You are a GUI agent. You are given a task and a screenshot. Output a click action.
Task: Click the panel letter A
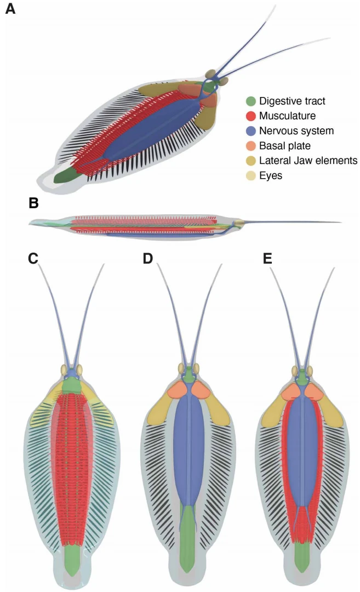pos(10,10)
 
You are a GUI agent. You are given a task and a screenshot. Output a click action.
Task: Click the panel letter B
pos(33,204)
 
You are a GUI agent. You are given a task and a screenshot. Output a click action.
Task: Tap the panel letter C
pos(33,258)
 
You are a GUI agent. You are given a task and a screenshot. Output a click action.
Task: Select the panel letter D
pos(147,258)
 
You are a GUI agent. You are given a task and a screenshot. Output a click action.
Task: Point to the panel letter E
pos(268,258)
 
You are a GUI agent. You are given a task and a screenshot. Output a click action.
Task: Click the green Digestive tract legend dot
pos(251,101)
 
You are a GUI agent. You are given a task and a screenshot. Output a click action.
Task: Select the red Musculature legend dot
pos(251,116)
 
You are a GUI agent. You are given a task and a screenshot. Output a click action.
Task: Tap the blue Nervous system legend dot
pos(251,131)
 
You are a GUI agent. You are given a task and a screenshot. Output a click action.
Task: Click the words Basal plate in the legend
pos(284,146)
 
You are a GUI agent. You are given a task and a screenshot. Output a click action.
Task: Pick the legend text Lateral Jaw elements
pos(308,161)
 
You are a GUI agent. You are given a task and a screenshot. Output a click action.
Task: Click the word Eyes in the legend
pos(271,175)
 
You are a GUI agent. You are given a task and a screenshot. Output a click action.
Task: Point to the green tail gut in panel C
pos(72,559)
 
